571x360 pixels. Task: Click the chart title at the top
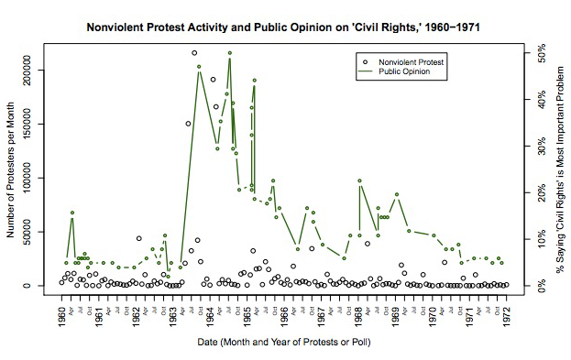tap(285, 27)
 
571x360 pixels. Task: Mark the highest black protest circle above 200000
tap(194, 53)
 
